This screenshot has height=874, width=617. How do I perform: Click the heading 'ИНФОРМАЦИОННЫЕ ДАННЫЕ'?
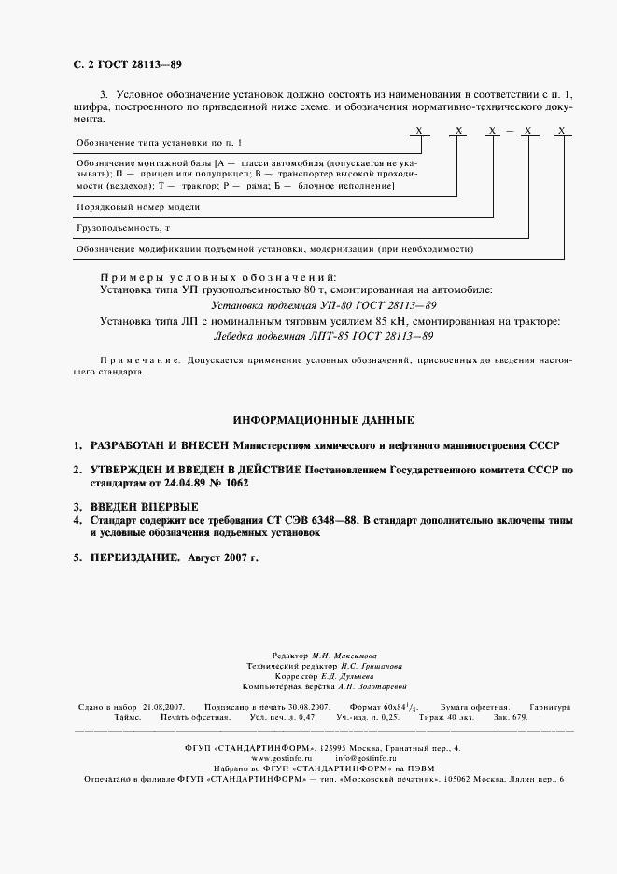(322, 421)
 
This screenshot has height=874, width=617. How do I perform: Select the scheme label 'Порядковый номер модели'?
(137, 206)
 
